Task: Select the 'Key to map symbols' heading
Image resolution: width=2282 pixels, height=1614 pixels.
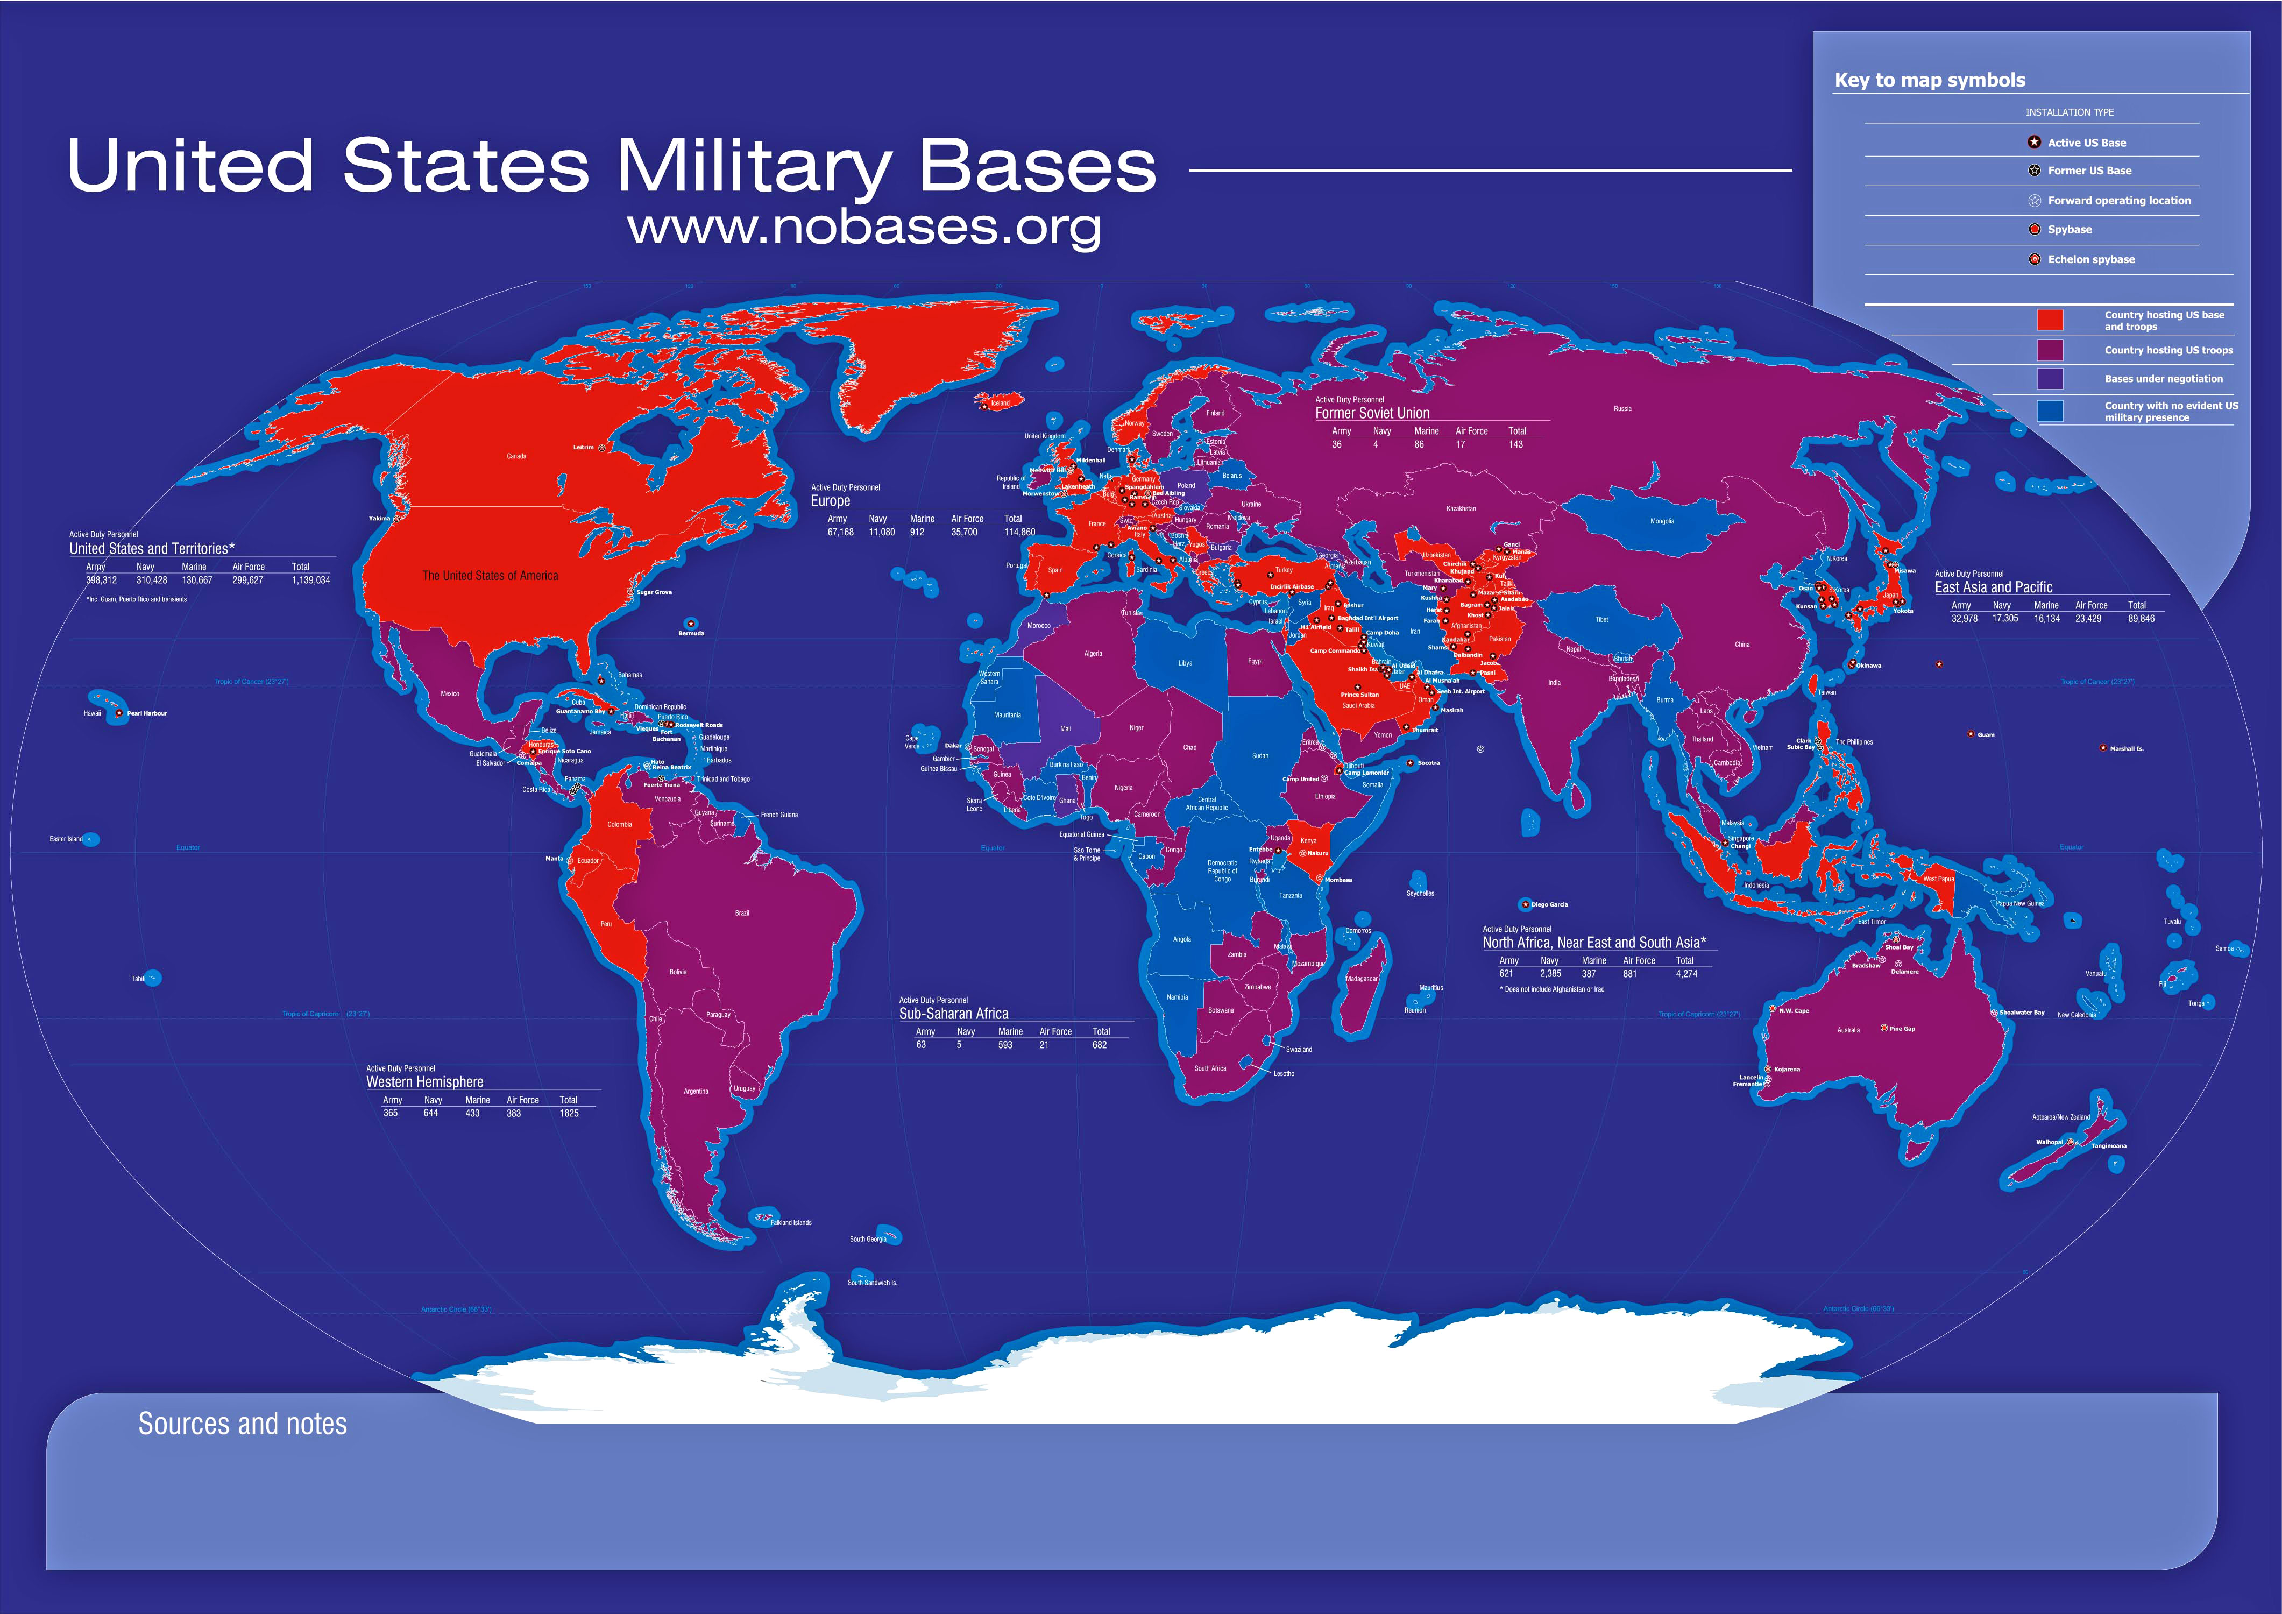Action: [x=1929, y=81]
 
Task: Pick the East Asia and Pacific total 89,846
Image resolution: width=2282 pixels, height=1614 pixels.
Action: [x=2141, y=618]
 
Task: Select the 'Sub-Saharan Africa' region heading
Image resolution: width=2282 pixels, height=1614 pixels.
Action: [x=953, y=1014]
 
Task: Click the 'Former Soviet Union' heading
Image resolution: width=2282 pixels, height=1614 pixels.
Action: [x=1372, y=413]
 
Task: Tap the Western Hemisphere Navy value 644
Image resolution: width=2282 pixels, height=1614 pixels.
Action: [x=430, y=1113]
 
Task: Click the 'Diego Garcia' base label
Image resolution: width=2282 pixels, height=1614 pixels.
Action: [x=1549, y=904]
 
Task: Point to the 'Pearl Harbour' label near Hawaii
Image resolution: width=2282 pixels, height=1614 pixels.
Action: [x=147, y=713]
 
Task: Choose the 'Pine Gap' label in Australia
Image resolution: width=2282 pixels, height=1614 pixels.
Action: [x=1901, y=1029]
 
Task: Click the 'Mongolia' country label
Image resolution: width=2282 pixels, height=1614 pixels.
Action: [x=1662, y=521]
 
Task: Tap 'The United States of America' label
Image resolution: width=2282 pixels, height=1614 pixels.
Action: [x=490, y=576]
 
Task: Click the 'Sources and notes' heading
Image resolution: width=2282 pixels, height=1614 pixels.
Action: [x=243, y=1424]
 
